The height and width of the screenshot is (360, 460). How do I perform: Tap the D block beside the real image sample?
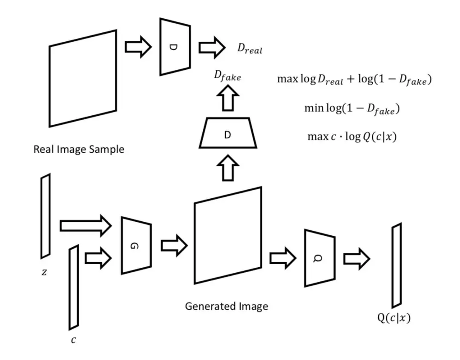pos(175,47)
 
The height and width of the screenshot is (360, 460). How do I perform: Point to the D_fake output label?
pos(227,77)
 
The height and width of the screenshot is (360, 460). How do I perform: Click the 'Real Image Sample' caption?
pos(79,149)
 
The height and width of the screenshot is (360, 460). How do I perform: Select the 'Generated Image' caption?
pos(226,306)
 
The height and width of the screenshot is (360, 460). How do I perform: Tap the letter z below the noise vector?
pos(44,272)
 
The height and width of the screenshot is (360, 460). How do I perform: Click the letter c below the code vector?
pos(73,340)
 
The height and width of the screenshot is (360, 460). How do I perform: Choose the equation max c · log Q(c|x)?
pos(352,137)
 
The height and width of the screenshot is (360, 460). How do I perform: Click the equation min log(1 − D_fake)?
pos(352,109)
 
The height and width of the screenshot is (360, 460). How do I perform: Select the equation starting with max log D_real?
pos(354,80)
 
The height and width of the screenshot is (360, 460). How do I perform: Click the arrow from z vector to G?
pos(85,226)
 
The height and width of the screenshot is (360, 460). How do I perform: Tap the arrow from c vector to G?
pos(98,258)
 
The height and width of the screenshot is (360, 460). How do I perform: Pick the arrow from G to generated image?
pos(174,245)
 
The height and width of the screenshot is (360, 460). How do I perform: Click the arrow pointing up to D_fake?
pos(228,98)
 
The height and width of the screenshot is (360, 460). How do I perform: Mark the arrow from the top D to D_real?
pos(212,47)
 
